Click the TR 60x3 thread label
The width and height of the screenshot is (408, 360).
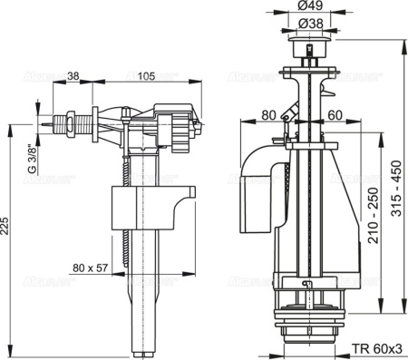click(372, 347)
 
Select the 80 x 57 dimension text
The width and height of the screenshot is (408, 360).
click(95, 268)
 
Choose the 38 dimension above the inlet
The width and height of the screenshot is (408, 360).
click(73, 77)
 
